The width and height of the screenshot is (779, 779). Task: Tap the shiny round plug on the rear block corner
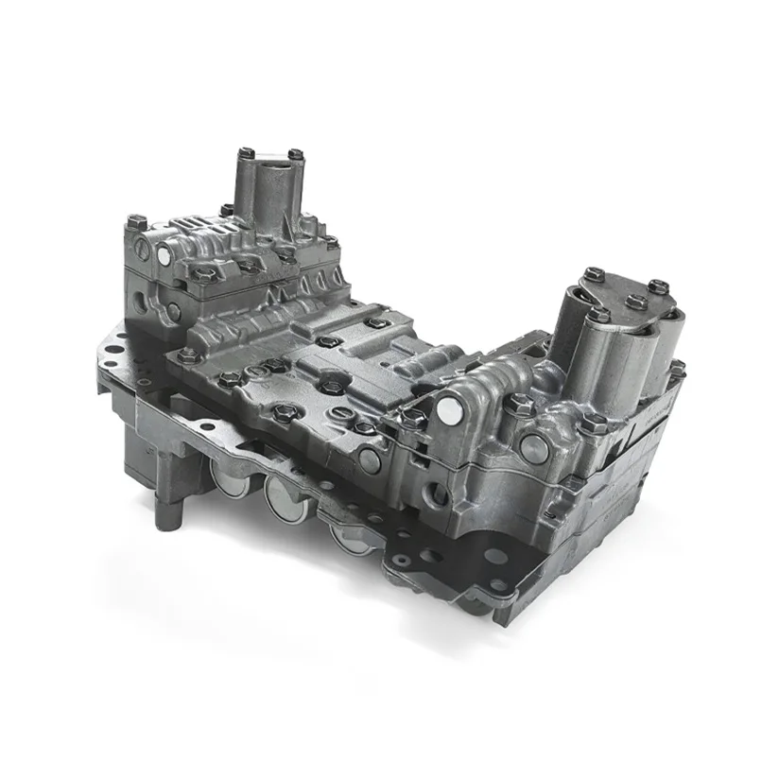(x=169, y=254)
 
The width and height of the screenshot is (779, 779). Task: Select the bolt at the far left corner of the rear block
(x=130, y=223)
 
